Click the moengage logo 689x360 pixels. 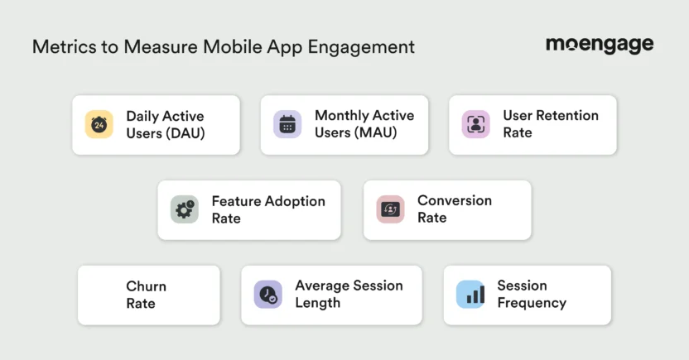click(599, 45)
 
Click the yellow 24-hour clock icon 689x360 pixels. click(99, 125)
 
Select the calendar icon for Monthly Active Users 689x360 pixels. click(287, 125)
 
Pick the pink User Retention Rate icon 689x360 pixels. click(475, 124)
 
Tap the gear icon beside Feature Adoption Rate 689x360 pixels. click(184, 210)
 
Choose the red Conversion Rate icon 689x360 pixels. click(390, 209)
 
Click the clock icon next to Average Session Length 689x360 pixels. click(267, 295)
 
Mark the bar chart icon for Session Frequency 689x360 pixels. click(470, 295)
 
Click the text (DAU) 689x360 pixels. click(185, 133)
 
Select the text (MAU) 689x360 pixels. click(376, 133)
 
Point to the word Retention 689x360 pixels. click(567, 116)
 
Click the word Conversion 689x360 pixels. click(455, 200)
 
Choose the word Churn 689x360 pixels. click(146, 286)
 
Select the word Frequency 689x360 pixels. click(532, 303)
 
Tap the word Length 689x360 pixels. click(317, 303)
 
